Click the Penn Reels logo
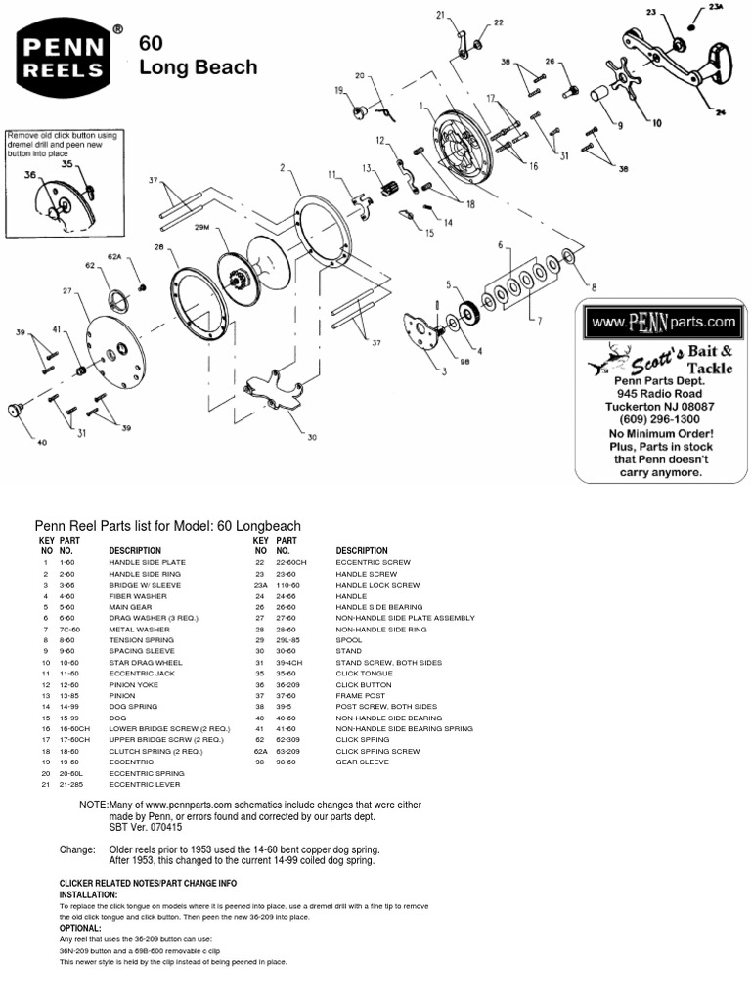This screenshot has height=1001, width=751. (x=68, y=60)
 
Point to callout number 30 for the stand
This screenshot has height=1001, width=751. (x=312, y=438)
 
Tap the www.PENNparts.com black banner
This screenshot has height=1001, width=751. (x=658, y=321)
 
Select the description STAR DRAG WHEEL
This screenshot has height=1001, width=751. (x=146, y=663)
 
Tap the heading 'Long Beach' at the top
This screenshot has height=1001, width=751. (x=199, y=67)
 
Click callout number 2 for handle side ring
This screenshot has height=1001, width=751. (x=282, y=168)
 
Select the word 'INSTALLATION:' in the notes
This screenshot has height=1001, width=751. (x=88, y=894)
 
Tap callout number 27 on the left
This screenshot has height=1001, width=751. (x=67, y=290)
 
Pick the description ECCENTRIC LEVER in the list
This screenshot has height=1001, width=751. (x=141, y=784)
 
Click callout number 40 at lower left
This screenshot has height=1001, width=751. (x=41, y=442)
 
